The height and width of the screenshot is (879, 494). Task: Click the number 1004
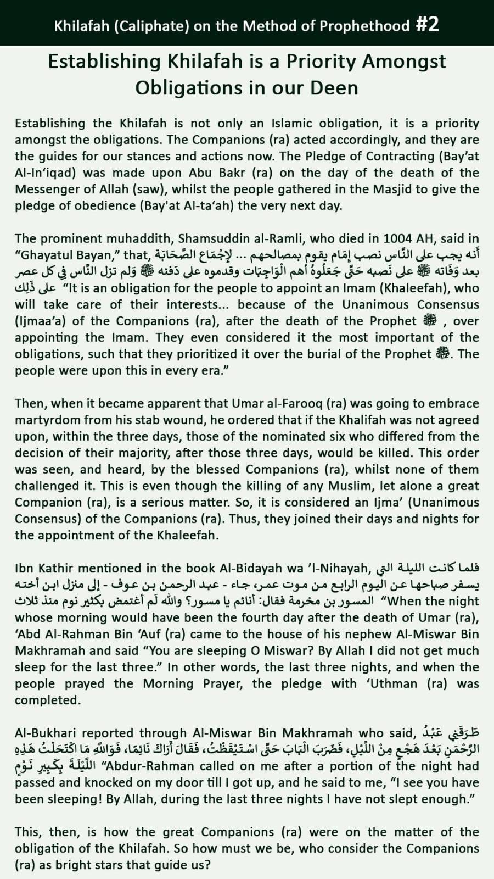400,238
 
